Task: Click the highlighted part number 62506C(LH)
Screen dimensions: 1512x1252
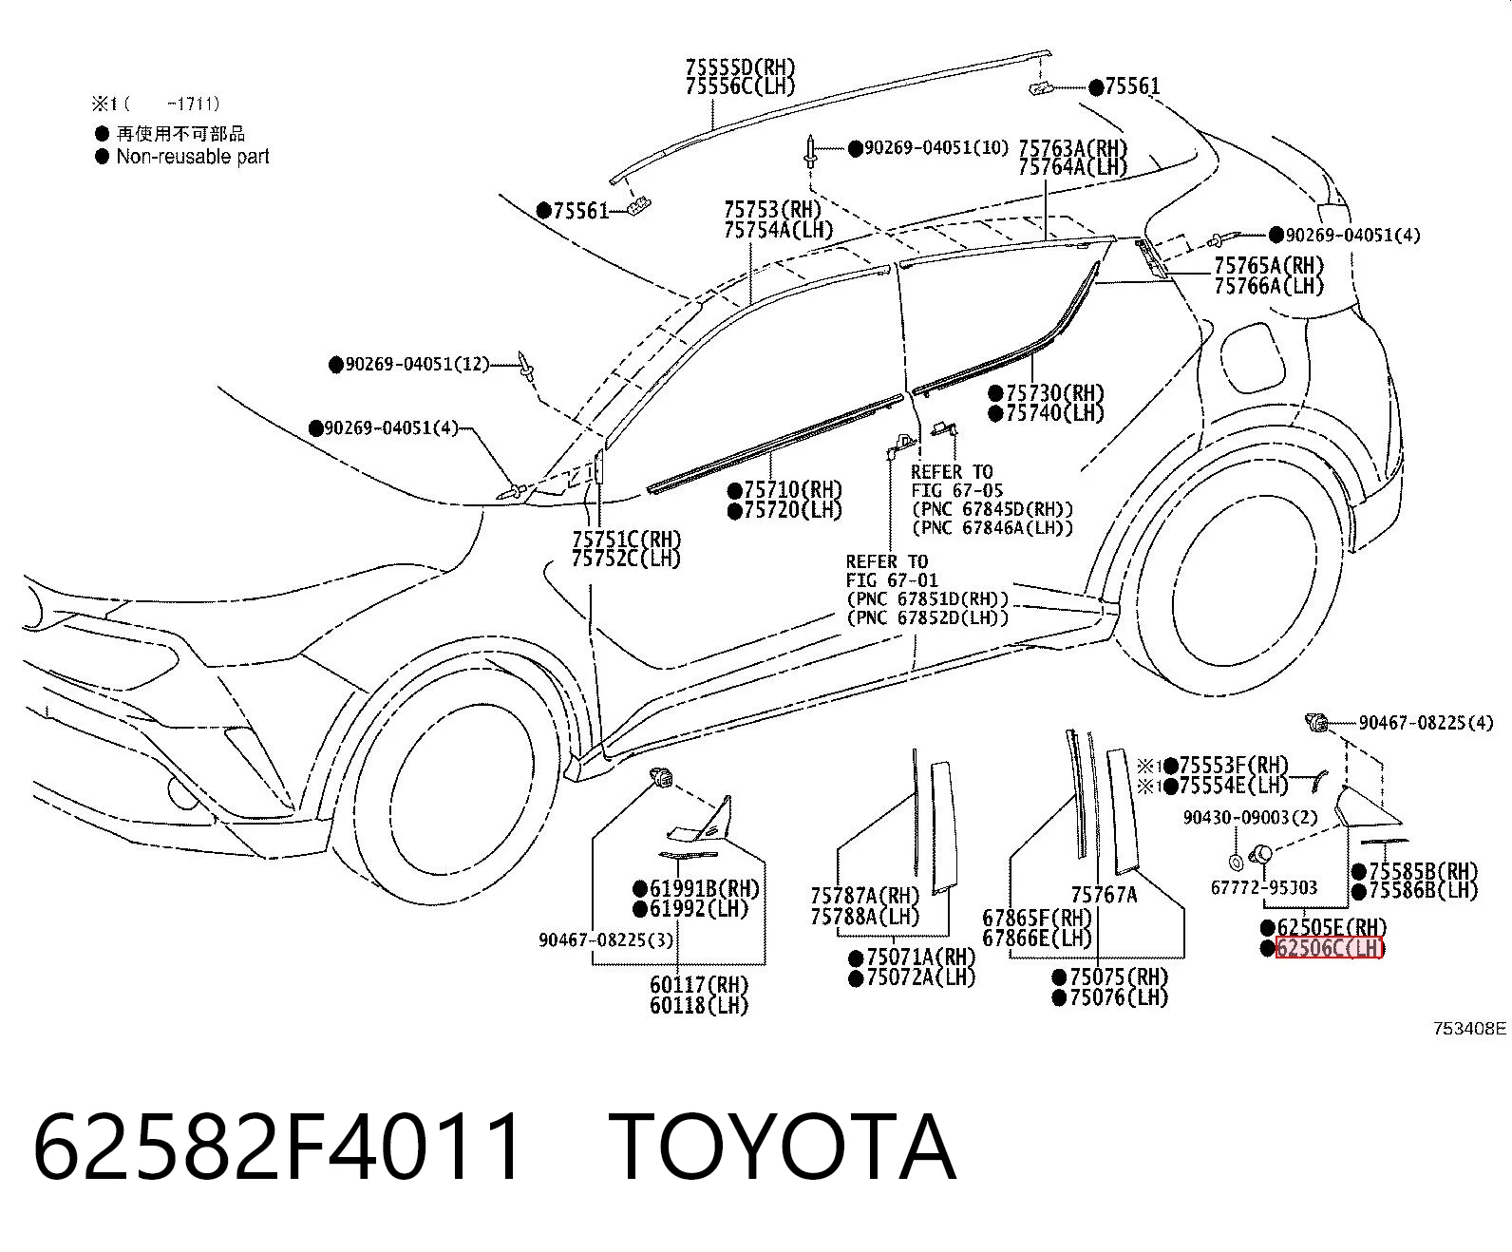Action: pos(1330,948)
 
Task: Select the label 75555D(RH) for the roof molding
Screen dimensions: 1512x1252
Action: pos(740,67)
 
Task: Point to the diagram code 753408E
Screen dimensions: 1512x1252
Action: pos(1470,1028)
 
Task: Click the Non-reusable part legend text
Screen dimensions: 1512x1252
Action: pos(193,157)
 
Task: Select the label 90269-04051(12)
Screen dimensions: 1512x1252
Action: pos(418,364)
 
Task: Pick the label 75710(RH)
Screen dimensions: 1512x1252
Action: pos(793,490)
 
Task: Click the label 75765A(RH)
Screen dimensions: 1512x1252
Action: pos(1269,265)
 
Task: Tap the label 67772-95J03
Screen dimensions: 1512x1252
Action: pos(1263,887)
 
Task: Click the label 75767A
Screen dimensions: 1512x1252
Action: pos(1104,895)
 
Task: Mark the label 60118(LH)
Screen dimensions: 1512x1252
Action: pos(699,1005)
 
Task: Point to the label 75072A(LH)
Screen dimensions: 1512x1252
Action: pos(921,977)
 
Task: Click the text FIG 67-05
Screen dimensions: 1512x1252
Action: pos(956,490)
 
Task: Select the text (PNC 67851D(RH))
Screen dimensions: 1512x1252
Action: pos(927,600)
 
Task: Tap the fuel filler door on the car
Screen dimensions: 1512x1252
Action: pos(1252,356)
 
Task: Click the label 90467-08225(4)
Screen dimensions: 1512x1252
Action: pos(1426,722)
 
